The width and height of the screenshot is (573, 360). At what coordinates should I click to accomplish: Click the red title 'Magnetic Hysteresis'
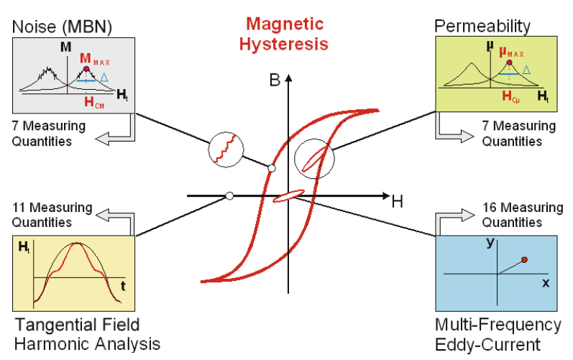click(286, 34)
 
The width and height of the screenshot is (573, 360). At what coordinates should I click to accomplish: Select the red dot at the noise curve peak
click(87, 70)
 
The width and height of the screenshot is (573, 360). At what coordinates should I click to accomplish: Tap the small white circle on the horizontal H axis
click(229, 195)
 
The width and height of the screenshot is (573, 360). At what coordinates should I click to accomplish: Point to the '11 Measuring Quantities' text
click(52, 214)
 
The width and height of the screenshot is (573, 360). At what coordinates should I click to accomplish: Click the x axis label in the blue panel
click(544, 283)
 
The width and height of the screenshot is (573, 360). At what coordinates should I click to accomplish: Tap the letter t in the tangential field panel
click(123, 285)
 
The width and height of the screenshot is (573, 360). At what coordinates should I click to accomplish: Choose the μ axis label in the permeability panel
click(489, 48)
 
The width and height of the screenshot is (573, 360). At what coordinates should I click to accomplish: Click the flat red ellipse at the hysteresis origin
click(289, 195)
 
